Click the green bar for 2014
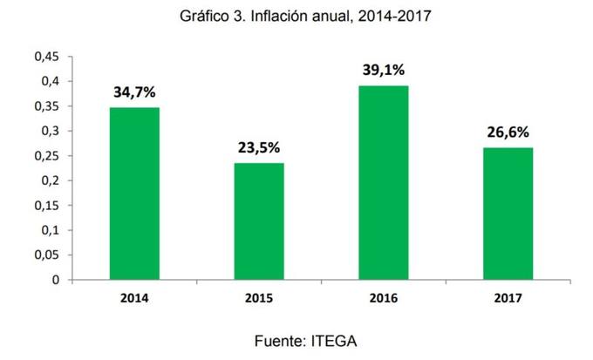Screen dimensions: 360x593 coord(133,194)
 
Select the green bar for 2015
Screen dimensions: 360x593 coord(258,221)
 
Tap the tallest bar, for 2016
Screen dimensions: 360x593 coord(383,183)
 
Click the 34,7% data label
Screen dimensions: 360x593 coord(133,92)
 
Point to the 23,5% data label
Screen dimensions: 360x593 coord(258,147)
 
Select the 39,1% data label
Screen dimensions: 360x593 coord(383,70)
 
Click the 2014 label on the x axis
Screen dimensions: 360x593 coord(133,298)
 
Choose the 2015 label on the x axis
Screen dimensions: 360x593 coord(258,298)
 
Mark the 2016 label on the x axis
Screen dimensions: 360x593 coord(383,298)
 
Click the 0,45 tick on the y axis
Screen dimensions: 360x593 coord(45,57)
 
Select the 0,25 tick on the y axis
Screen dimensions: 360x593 coord(45,156)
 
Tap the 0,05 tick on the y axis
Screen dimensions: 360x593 coord(45,255)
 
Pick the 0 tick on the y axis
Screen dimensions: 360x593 coord(55,281)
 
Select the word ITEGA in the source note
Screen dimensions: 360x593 coord(333,341)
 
